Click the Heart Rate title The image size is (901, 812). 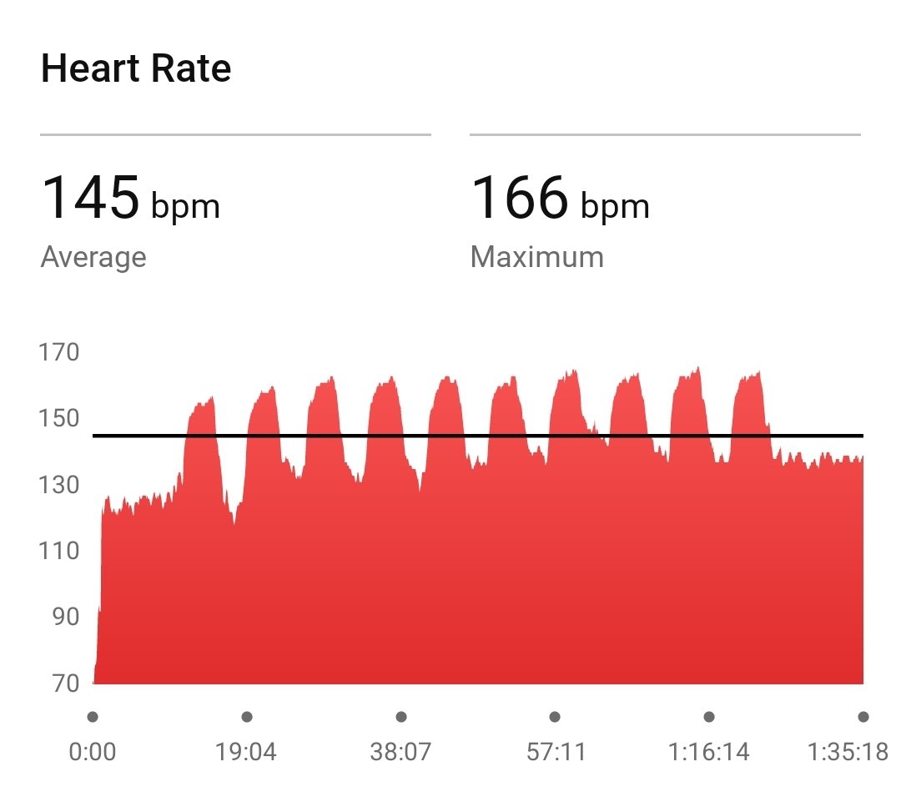click(x=136, y=68)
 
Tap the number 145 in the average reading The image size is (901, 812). click(x=90, y=198)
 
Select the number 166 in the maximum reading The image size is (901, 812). click(x=520, y=198)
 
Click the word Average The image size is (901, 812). click(x=93, y=257)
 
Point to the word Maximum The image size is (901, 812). click(x=537, y=257)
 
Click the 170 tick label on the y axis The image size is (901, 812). click(x=60, y=352)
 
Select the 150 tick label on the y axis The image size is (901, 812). click(x=60, y=418)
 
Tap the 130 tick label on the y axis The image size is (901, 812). click(x=60, y=485)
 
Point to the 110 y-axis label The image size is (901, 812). click(x=60, y=551)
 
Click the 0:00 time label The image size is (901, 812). click(x=92, y=752)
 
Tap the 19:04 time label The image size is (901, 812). click(x=246, y=752)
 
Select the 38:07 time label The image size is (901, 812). click(x=400, y=752)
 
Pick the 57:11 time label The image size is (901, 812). click(x=556, y=752)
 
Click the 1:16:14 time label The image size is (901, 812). click(x=709, y=752)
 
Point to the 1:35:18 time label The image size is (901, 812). click(x=848, y=752)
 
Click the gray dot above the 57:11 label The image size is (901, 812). click(x=555, y=717)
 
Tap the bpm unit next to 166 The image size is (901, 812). click(x=615, y=206)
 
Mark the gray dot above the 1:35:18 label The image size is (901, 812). click(x=863, y=717)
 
